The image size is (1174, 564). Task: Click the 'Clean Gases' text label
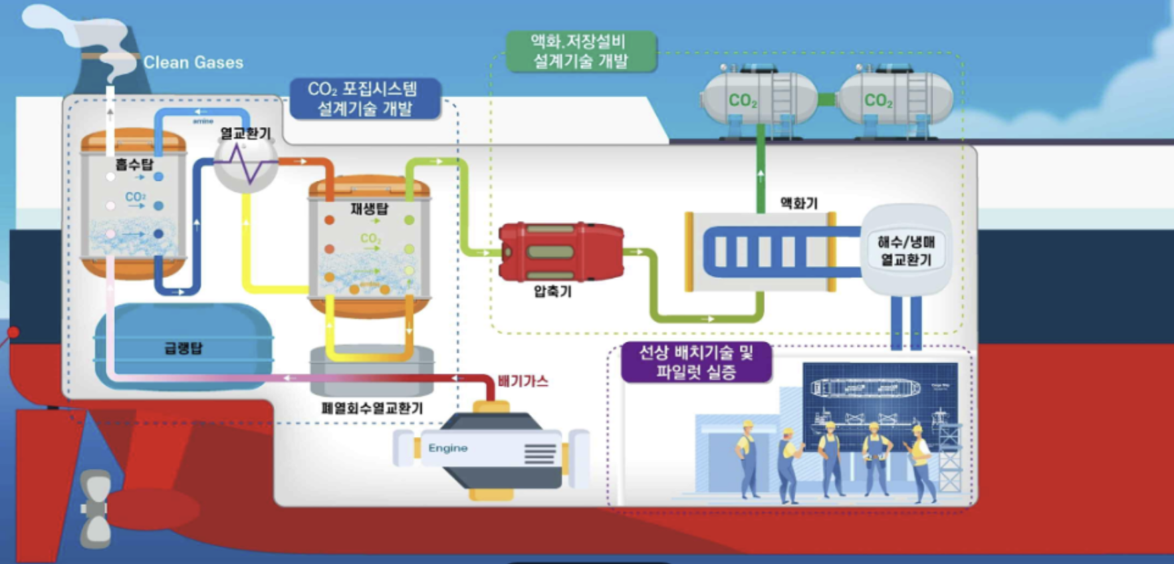point(193,63)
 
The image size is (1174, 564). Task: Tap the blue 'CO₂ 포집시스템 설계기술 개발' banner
point(364,98)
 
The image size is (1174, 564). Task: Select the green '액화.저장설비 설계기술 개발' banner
point(580,51)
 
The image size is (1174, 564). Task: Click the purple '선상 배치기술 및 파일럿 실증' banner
point(696,362)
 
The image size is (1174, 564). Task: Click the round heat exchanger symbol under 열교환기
point(245,165)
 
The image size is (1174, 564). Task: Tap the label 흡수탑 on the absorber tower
point(134,164)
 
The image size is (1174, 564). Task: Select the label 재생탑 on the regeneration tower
point(369,209)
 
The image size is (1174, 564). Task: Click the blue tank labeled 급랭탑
point(183,347)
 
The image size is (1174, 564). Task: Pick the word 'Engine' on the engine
point(448,448)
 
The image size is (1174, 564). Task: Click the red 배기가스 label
point(523,381)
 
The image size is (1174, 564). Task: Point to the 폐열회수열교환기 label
point(372,408)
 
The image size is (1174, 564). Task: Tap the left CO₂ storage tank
point(758,100)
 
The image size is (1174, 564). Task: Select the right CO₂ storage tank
point(895,100)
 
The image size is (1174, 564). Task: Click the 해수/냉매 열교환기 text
point(906,251)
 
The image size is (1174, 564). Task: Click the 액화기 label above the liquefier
point(798,203)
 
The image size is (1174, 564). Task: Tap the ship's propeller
point(95,509)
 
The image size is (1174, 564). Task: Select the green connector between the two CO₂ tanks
point(826,100)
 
